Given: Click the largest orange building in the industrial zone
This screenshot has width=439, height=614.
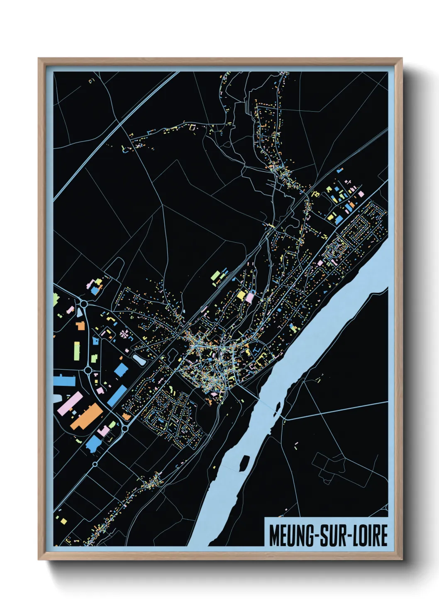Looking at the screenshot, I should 87,416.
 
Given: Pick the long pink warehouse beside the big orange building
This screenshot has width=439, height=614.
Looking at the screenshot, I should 70,404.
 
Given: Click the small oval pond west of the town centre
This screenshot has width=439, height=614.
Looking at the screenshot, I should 139,360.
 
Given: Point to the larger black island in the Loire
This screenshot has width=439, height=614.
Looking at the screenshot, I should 244,461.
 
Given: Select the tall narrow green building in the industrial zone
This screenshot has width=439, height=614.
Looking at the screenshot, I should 77,351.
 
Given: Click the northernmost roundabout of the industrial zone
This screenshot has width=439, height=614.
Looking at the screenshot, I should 83,304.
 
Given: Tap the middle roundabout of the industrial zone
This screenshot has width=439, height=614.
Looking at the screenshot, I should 88,369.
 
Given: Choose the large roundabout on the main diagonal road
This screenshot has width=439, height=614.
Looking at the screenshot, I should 124,427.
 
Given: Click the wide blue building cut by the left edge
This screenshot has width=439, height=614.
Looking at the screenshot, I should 64,380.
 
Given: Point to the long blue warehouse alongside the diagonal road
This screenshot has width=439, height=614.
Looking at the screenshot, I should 117,396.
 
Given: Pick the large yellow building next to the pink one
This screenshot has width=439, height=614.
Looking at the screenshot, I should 241,295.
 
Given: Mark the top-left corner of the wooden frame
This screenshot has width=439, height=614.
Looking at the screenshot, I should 39,59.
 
